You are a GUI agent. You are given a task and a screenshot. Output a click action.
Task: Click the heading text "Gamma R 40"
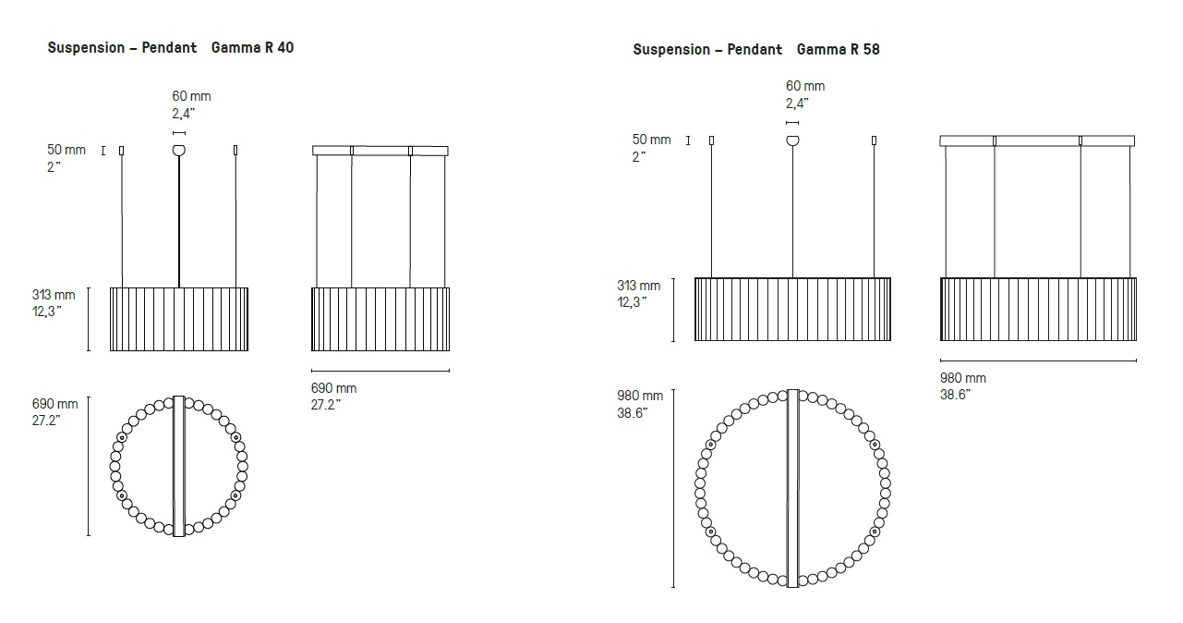[252, 47]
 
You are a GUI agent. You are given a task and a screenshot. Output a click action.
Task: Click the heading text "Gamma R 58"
[839, 50]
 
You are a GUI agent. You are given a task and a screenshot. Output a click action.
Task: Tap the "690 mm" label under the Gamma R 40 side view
[333, 388]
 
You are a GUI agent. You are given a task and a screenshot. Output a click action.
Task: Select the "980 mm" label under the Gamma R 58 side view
[963, 378]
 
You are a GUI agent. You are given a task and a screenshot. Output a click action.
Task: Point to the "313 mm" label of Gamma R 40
[54, 295]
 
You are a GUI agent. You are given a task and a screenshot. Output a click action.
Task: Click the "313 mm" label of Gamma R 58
[638, 286]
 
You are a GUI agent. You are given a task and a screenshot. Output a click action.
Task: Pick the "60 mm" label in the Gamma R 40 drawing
[191, 96]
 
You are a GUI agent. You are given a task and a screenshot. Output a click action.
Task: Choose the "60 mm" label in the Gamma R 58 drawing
[805, 86]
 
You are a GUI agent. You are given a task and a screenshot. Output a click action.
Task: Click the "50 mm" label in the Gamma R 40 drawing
[66, 150]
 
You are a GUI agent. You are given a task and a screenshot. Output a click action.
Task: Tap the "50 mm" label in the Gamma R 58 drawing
[651, 140]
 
